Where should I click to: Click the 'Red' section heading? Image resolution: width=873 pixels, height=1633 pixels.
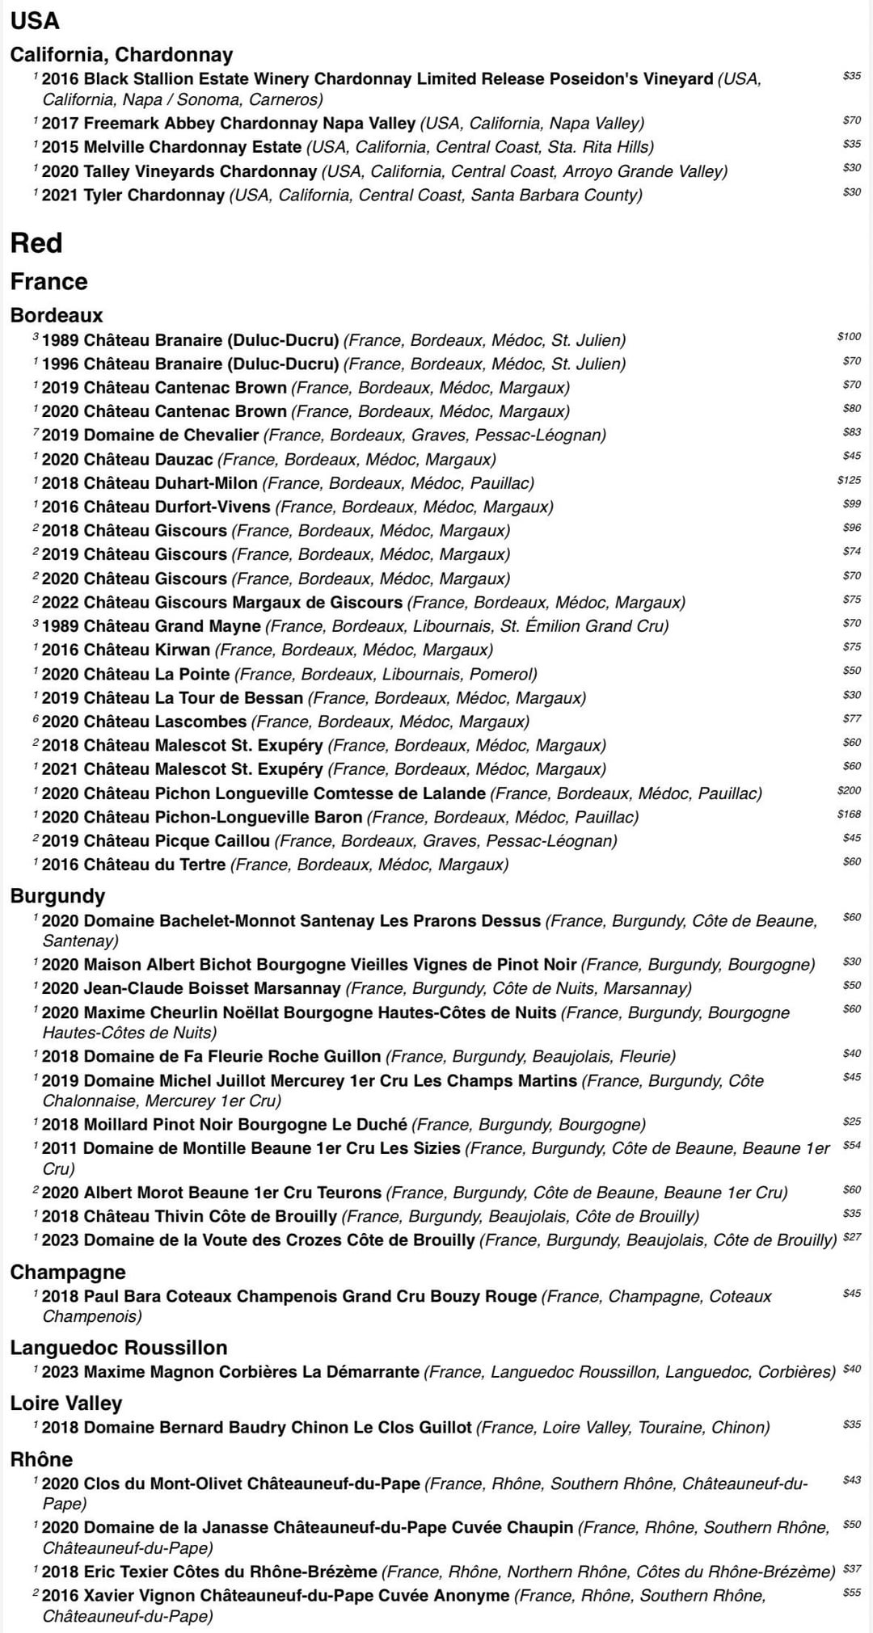(36, 243)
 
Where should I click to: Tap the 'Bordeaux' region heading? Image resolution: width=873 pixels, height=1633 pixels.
(57, 315)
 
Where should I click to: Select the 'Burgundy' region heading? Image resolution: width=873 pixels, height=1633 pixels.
(57, 896)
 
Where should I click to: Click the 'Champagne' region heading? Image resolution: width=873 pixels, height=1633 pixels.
(68, 1272)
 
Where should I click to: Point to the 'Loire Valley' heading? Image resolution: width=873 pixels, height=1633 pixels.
(66, 1403)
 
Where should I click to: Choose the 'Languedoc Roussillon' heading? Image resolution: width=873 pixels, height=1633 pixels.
(119, 1347)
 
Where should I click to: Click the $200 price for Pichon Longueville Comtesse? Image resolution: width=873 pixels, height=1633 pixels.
(849, 790)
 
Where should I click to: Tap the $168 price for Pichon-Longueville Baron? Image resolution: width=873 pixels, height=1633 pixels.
(849, 814)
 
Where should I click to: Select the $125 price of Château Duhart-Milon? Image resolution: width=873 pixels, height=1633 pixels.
(849, 480)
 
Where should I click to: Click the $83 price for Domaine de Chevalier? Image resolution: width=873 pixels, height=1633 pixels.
(851, 432)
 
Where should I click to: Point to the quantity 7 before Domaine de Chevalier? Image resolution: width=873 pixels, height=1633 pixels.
(36, 432)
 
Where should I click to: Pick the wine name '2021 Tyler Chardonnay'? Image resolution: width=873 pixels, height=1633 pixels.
(133, 196)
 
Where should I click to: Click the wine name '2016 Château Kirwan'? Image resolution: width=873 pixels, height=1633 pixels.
(126, 650)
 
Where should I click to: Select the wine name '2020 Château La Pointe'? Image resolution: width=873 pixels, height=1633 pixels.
(136, 674)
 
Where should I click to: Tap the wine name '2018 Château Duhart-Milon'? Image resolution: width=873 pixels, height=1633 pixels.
(150, 483)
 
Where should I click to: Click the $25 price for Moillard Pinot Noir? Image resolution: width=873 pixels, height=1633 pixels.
(851, 1122)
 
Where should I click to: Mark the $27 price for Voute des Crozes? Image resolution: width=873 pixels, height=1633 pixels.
(852, 1237)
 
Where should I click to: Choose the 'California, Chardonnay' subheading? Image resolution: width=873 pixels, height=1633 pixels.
(121, 55)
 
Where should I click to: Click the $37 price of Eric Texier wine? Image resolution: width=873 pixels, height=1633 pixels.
(852, 1568)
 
